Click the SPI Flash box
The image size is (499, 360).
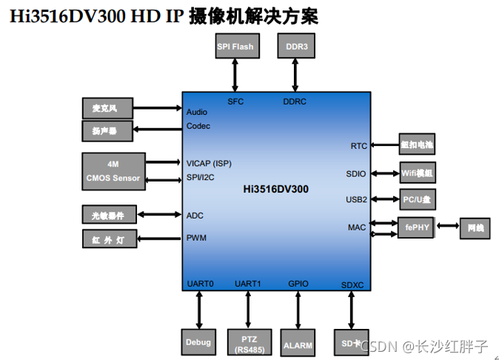235,47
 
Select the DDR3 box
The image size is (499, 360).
296,47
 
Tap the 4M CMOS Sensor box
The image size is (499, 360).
113,171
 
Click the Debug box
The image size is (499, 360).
198,341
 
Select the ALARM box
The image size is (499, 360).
298,344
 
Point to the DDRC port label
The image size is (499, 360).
295,101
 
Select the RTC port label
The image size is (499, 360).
358,146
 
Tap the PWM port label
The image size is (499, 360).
196,239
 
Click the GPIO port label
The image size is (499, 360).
298,284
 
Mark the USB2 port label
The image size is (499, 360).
356,199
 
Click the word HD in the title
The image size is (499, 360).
145,16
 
